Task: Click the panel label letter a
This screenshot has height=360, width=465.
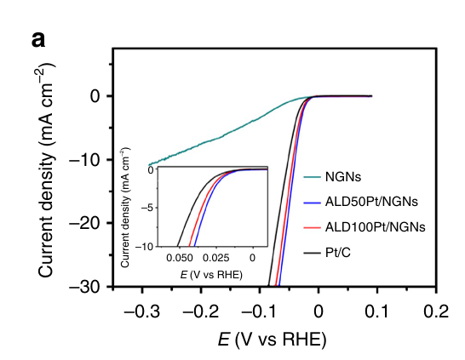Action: tap(38, 39)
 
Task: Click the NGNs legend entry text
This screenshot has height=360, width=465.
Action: tap(342, 178)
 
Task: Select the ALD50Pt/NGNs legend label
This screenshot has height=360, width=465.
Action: tap(370, 203)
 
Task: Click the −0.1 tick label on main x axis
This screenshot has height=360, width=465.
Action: tap(256, 310)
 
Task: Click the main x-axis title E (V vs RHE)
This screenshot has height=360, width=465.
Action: tap(271, 339)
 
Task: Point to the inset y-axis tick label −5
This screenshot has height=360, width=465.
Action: tap(149, 208)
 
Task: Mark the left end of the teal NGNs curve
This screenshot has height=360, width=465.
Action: tap(149, 164)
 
